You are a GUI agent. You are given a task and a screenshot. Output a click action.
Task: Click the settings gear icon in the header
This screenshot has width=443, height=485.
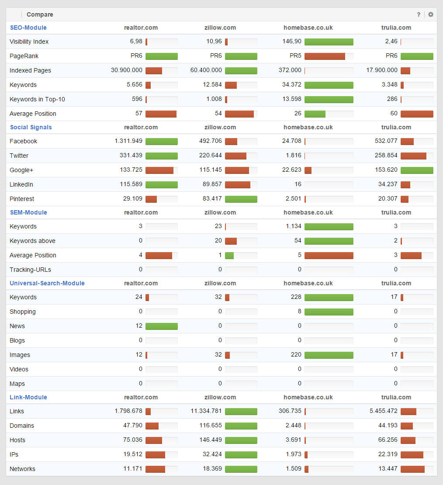click(x=431, y=14)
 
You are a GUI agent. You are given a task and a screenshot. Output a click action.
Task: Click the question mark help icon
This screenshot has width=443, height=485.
click(x=419, y=14)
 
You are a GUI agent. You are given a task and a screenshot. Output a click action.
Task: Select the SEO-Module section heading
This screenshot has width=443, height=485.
click(x=28, y=28)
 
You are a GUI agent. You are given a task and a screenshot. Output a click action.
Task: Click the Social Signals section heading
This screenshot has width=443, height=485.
click(x=31, y=127)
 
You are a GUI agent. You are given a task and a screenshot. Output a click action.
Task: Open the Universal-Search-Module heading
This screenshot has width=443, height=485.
click(x=47, y=283)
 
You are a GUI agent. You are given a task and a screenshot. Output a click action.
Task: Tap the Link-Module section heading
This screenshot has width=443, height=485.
click(x=28, y=397)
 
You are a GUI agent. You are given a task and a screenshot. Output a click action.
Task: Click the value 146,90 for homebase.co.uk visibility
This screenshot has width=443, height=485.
click(x=292, y=42)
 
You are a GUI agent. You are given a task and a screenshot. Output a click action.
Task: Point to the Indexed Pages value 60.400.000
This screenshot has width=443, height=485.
click(x=206, y=70)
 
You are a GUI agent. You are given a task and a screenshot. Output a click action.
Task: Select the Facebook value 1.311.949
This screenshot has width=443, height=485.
click(x=128, y=141)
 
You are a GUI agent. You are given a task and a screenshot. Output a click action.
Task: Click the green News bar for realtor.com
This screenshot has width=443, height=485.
click(x=162, y=326)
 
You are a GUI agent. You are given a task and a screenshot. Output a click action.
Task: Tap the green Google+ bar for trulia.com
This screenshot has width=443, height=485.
click(x=417, y=170)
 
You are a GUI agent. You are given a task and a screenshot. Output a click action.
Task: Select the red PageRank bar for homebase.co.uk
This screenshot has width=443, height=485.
click(x=325, y=56)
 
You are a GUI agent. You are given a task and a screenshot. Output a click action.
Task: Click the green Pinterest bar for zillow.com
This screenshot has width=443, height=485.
click(x=241, y=199)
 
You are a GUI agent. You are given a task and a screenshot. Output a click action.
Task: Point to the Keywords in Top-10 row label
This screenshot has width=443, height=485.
click(x=37, y=99)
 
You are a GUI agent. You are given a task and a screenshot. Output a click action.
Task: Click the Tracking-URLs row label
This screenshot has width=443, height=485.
click(x=30, y=270)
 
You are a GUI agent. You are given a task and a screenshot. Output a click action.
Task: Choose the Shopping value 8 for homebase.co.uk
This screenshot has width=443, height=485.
click(x=299, y=312)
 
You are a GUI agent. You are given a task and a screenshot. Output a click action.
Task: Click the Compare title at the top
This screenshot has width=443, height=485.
click(x=40, y=14)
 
